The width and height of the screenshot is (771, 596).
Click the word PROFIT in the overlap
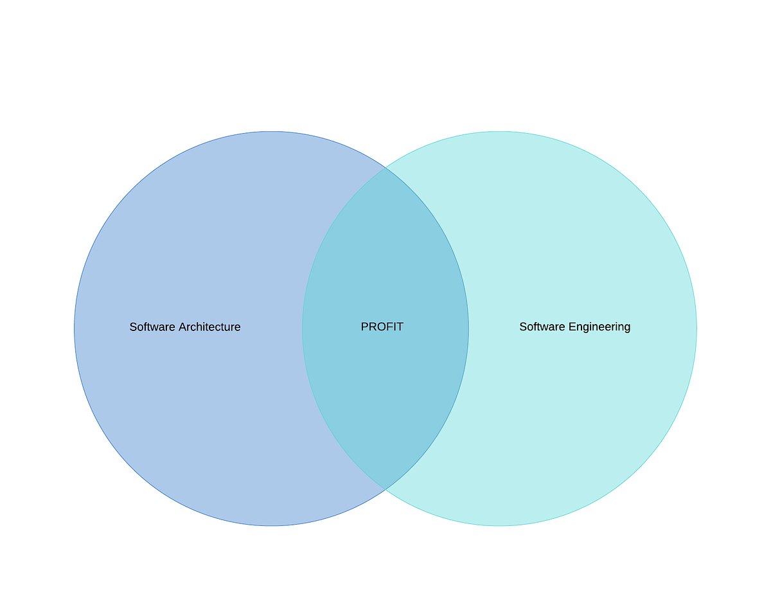[382, 327]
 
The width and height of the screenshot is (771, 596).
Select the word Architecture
[209, 327]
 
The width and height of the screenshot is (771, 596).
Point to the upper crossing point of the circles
[385, 167]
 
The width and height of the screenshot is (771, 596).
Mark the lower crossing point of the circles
[385, 490]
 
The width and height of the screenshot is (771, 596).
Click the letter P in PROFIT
[365, 327]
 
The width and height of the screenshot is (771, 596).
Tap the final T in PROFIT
[400, 327]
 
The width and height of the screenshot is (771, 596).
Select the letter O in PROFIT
[382, 327]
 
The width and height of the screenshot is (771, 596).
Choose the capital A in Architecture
[182, 327]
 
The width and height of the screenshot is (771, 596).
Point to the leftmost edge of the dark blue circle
[73, 328]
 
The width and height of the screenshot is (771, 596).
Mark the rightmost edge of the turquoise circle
[698, 328]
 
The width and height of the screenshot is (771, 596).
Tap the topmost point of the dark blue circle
[270, 129]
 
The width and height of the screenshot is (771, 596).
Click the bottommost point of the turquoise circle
[500, 528]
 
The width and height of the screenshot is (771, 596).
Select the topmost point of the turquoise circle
[500, 129]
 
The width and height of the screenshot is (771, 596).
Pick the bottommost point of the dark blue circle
[270, 528]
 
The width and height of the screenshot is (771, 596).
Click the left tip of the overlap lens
[302, 328]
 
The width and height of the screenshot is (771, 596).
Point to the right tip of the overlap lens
[469, 328]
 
